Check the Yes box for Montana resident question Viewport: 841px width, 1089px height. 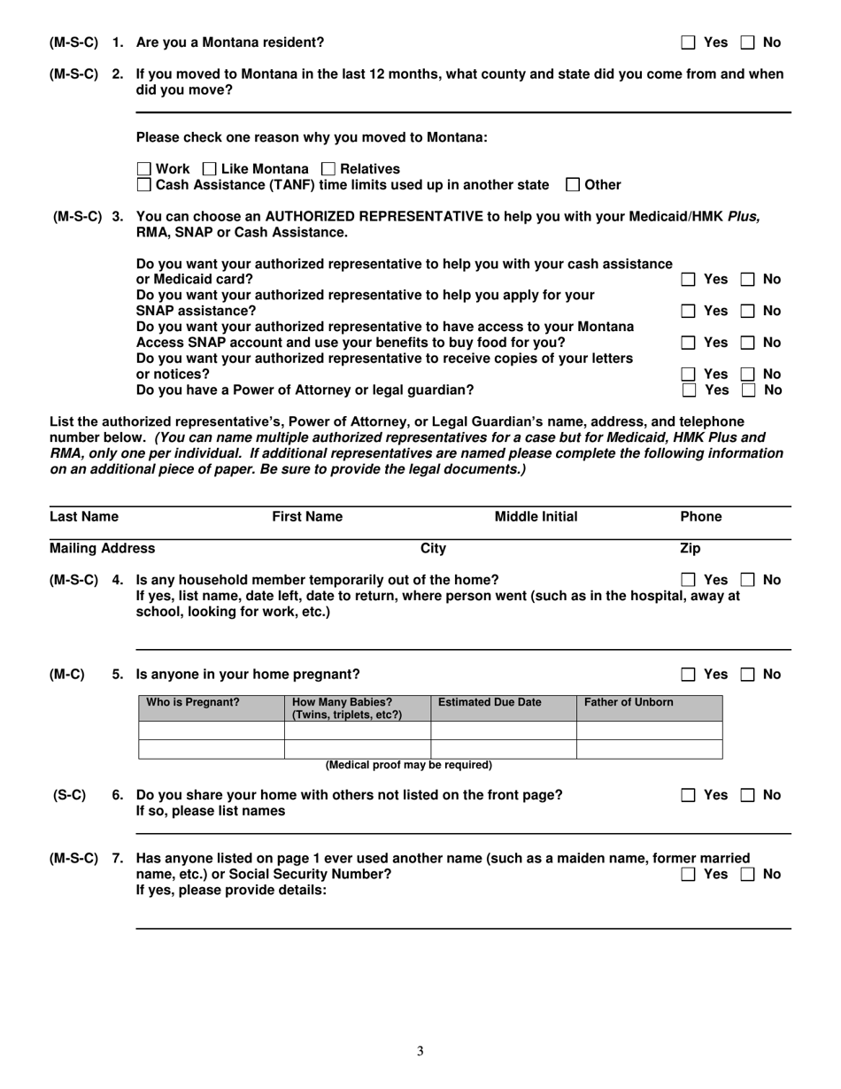(x=688, y=42)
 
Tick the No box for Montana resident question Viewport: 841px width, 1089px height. (x=747, y=42)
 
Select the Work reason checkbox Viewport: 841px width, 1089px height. (x=144, y=169)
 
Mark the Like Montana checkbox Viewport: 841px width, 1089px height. (x=210, y=169)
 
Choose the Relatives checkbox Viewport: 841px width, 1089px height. (x=328, y=169)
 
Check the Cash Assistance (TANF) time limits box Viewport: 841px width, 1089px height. (x=144, y=185)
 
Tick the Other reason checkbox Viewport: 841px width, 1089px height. (x=573, y=185)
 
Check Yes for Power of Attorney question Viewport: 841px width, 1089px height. (x=688, y=390)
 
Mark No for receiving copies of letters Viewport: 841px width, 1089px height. (x=747, y=375)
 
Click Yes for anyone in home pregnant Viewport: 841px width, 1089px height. (x=688, y=675)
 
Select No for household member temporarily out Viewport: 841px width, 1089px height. (x=747, y=580)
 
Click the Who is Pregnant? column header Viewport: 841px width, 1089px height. (x=192, y=702)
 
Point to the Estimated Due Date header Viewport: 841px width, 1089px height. (x=490, y=702)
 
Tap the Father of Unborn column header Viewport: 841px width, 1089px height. (x=629, y=702)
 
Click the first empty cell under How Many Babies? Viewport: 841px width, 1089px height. (x=357, y=730)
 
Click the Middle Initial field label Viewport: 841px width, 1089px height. (x=536, y=517)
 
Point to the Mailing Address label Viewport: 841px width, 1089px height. (x=102, y=549)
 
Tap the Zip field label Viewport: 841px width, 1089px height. (x=690, y=549)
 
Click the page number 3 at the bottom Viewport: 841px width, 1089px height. (x=420, y=1051)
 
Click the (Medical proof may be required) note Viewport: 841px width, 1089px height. (x=409, y=765)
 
